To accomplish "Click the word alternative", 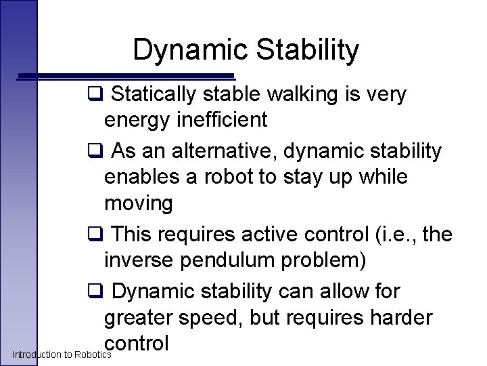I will [x=221, y=150].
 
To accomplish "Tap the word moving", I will [x=139, y=203].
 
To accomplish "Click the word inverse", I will [x=137, y=260].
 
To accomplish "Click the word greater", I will [x=139, y=318].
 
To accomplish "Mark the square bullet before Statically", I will [x=95, y=95].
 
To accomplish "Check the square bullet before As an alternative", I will [x=95, y=150].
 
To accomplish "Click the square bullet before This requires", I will [x=95, y=234].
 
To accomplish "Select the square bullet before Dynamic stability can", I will [x=95, y=291].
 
